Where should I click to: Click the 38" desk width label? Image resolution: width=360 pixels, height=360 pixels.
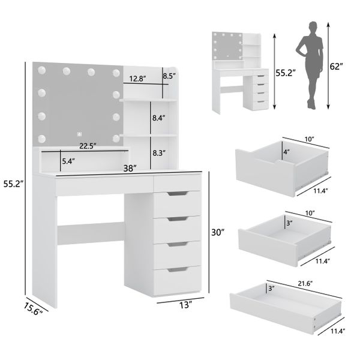point(130,168)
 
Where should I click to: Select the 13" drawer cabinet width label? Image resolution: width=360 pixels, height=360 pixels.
point(185,305)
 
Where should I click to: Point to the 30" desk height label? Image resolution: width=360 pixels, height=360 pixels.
point(218,232)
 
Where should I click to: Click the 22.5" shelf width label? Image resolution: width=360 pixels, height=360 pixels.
point(88,146)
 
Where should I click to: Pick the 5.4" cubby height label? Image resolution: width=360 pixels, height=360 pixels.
point(68,161)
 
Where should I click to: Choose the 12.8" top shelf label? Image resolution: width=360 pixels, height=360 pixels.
point(137,79)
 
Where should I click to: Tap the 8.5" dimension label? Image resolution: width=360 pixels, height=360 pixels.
point(169,76)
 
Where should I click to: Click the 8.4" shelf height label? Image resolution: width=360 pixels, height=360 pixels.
point(159,118)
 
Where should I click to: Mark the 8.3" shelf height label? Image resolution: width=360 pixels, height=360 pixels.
point(159,153)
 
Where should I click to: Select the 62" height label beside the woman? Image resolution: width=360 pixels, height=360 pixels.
point(336,67)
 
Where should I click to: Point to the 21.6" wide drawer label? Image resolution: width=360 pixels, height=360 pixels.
point(305,284)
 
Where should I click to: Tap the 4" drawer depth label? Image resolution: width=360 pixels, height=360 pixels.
point(286,152)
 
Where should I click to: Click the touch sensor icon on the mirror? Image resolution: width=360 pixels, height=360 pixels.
point(79,134)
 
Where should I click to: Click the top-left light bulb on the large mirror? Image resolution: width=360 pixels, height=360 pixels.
point(42,70)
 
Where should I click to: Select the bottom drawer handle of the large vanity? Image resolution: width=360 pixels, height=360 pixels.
point(177,269)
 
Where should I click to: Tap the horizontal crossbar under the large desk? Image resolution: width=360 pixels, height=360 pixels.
point(91,233)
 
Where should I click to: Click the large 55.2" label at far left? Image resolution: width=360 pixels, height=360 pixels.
point(14,184)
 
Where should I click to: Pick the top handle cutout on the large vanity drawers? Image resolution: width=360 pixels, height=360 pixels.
point(178,194)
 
